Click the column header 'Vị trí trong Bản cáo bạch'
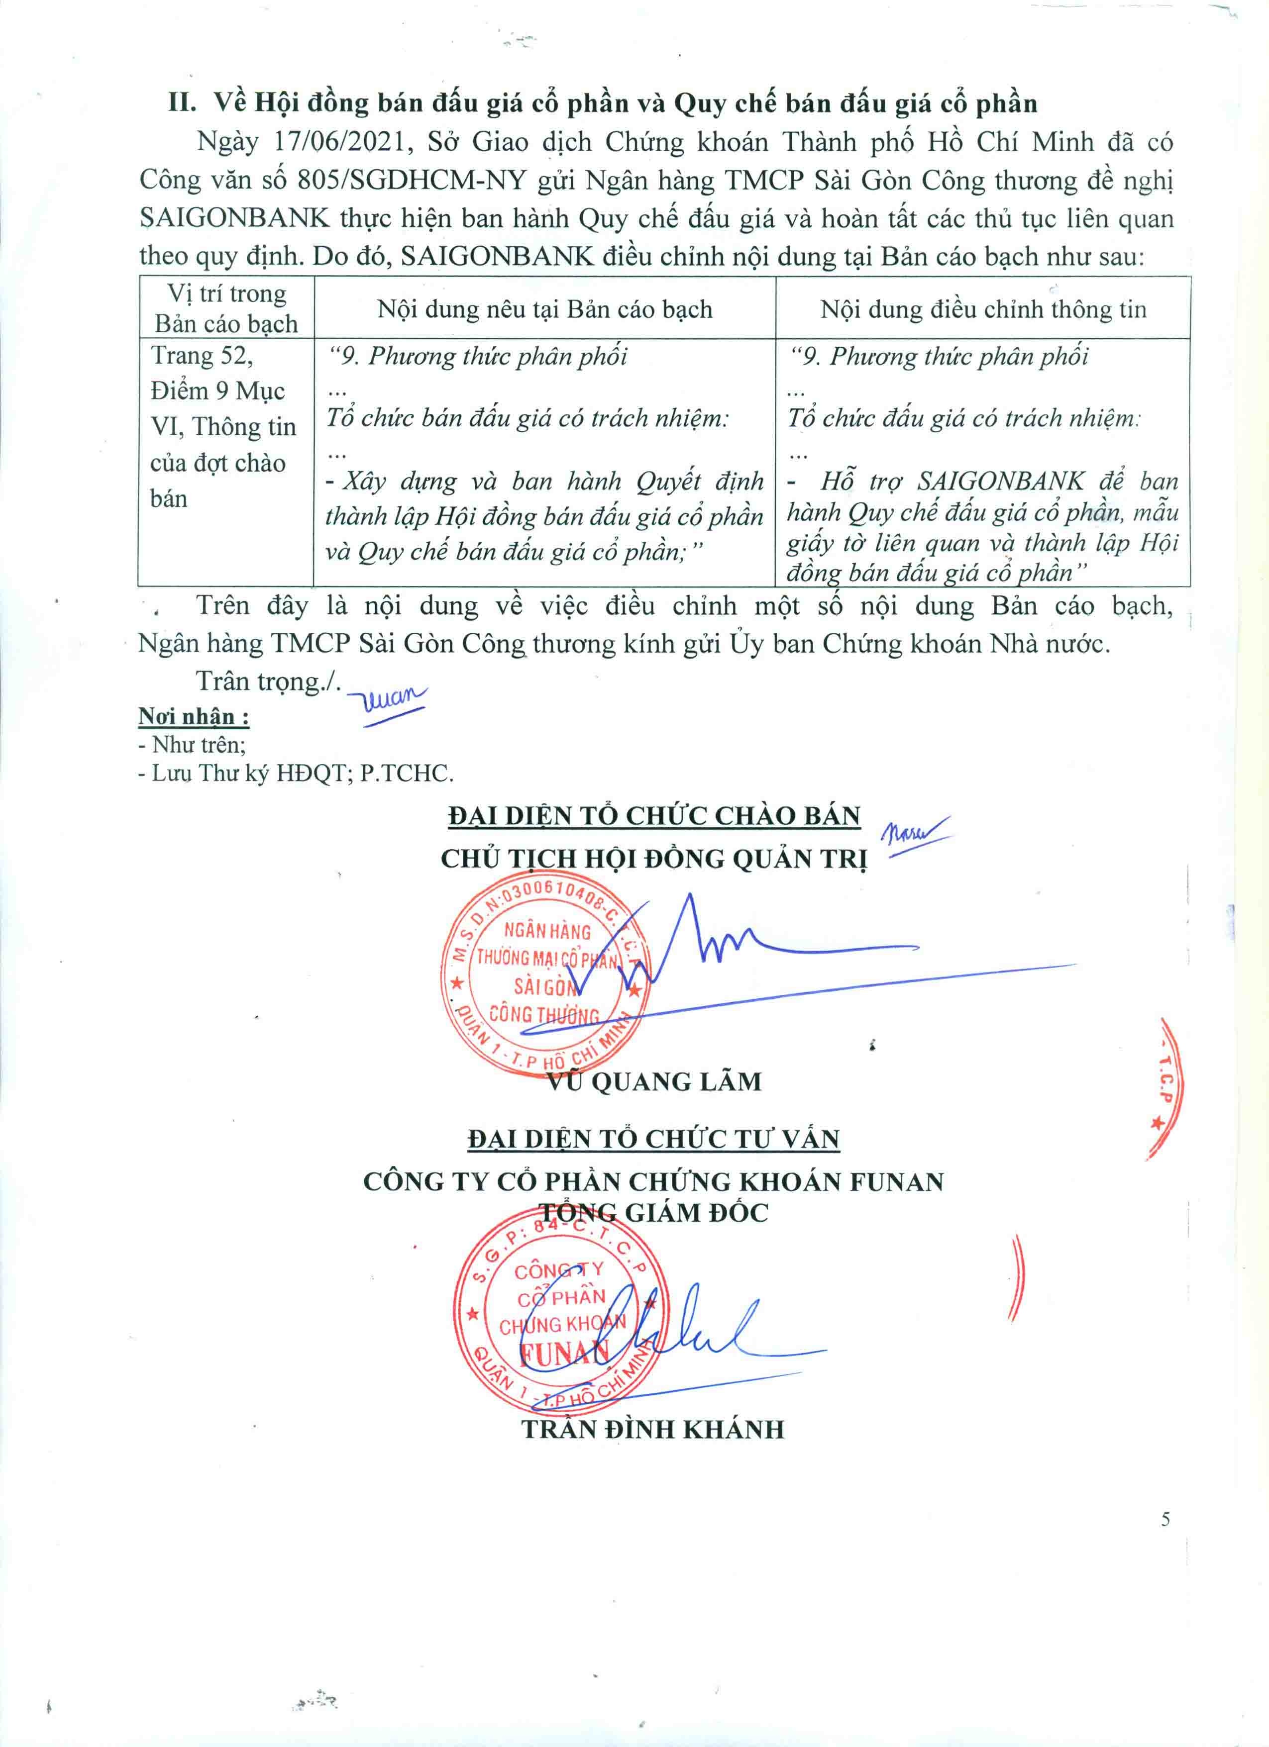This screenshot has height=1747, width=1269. tap(226, 308)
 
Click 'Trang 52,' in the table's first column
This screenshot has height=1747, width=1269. tap(202, 356)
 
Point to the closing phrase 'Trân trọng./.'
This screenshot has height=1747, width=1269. tap(267, 681)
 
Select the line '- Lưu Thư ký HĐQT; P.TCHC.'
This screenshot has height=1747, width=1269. tap(295, 774)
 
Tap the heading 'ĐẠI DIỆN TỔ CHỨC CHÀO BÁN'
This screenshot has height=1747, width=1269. tap(653, 816)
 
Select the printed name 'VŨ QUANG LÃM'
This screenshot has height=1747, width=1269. tap(653, 1081)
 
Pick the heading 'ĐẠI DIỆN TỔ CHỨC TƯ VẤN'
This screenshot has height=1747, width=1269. tap(653, 1139)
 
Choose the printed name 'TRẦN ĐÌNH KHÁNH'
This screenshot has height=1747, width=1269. tap(653, 1429)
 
